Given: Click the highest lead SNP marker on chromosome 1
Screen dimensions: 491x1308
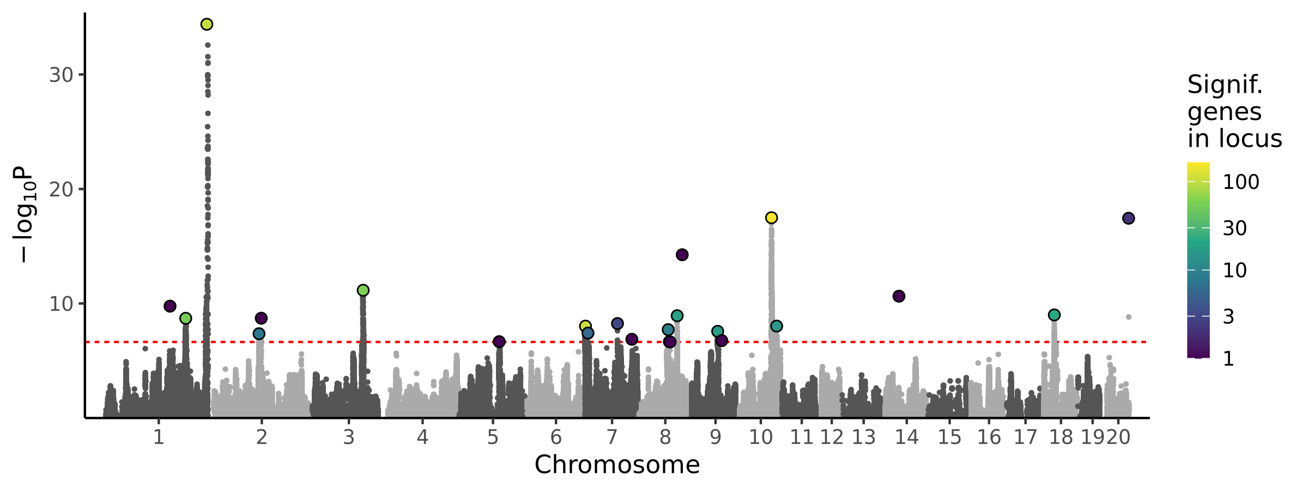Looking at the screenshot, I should click(207, 24).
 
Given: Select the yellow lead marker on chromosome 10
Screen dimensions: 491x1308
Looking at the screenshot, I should click(771, 218).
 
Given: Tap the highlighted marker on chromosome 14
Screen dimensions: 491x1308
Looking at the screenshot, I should click(899, 296).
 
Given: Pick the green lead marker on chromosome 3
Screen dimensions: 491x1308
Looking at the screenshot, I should click(363, 290).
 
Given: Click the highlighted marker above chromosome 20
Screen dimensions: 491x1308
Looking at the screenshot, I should click(1128, 218).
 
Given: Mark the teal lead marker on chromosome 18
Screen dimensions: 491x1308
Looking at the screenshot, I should click(1054, 315).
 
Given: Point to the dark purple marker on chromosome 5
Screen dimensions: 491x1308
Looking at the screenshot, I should click(499, 342).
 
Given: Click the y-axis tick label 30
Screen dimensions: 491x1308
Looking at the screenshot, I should click(61, 75).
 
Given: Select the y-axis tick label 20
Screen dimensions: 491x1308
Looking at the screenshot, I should click(61, 190).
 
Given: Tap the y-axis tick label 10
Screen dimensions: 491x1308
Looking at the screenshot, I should click(61, 304).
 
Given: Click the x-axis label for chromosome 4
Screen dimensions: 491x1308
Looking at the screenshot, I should click(422, 438).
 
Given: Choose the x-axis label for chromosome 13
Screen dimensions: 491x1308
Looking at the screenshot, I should click(863, 438).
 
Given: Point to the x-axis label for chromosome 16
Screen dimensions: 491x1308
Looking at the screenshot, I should click(989, 438).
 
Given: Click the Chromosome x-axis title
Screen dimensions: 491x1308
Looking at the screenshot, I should click(617, 465).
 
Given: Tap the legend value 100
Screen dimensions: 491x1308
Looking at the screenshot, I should click(1241, 182).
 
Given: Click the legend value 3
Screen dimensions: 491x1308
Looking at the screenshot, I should click(1228, 316).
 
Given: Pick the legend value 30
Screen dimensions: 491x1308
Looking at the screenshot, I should click(1234, 229).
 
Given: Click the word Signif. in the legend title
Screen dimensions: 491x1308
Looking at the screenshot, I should click(1225, 85).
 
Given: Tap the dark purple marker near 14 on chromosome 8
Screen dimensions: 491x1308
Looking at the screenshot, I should click(682, 255).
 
